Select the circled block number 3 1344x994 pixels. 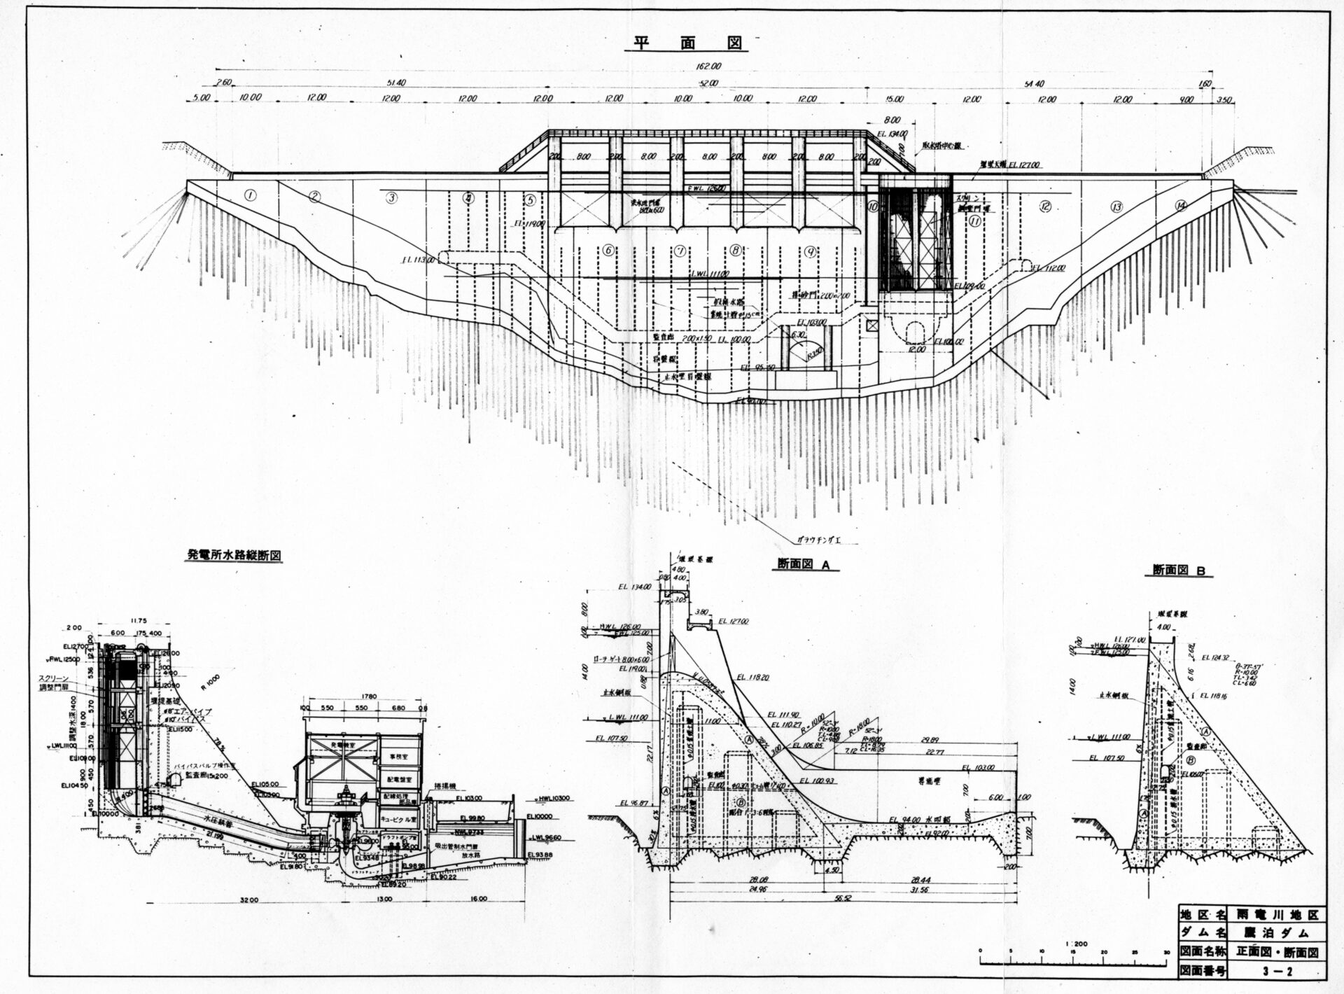[x=391, y=197]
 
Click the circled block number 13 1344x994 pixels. [x=1116, y=206]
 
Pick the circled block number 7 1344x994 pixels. [x=679, y=250]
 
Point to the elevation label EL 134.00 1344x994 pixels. [x=892, y=133]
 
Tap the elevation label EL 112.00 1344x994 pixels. [x=1050, y=267]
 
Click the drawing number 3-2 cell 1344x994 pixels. [x=1286, y=970]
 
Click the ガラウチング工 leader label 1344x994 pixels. [x=819, y=540]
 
